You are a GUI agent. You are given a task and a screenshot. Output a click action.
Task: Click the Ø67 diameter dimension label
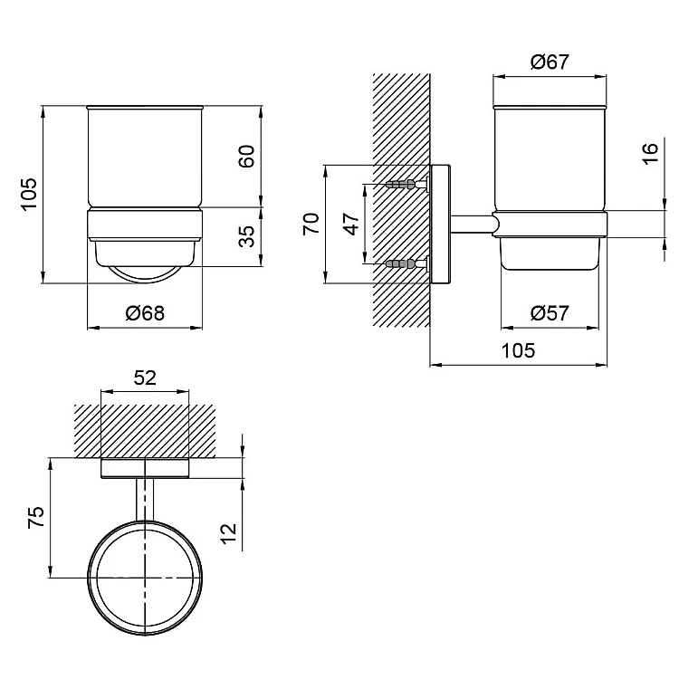(550, 62)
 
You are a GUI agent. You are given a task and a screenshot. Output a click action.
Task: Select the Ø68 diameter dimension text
(145, 312)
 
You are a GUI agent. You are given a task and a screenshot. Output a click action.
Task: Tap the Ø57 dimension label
(550, 312)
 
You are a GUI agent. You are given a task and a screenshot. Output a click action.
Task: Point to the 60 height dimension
(246, 156)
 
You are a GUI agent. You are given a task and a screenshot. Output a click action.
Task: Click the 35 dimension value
(247, 236)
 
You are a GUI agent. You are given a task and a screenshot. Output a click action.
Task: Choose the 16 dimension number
(650, 153)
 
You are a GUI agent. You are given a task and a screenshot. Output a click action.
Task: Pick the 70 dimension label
(311, 224)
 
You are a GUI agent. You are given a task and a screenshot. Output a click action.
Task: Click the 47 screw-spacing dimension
(352, 224)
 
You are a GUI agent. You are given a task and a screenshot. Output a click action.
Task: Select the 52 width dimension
(145, 378)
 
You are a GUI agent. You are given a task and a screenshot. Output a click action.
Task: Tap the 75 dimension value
(36, 517)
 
